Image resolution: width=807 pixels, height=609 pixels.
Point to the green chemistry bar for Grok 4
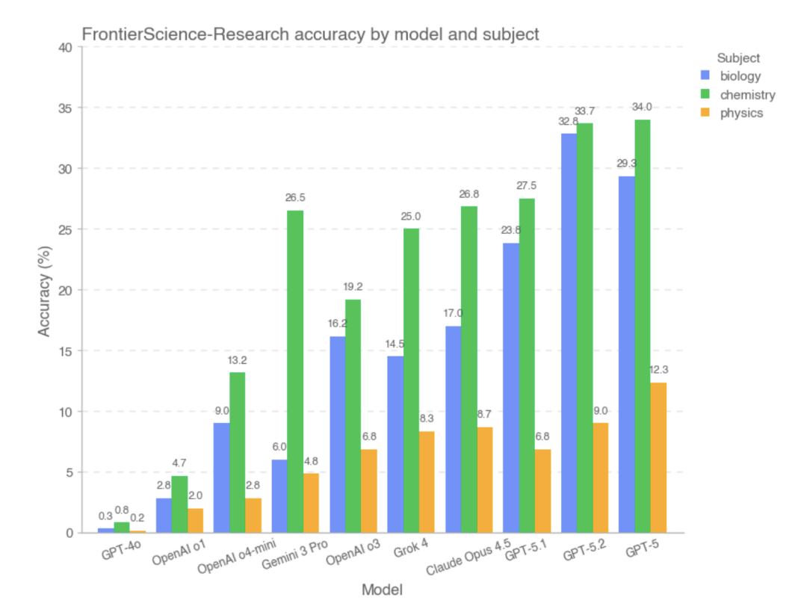411,380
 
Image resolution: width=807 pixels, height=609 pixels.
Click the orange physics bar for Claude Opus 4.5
484,479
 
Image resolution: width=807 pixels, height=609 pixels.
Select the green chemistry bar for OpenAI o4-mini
237,452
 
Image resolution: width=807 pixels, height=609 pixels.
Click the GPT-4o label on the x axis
121,554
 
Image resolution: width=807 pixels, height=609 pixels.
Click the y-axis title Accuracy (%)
46,290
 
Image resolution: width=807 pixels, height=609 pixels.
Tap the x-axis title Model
382,590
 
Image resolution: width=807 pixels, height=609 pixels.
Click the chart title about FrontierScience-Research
310,34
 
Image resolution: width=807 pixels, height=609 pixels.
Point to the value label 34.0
643,106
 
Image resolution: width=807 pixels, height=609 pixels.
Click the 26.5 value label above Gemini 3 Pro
295,198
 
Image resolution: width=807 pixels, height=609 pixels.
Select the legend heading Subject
738,58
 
